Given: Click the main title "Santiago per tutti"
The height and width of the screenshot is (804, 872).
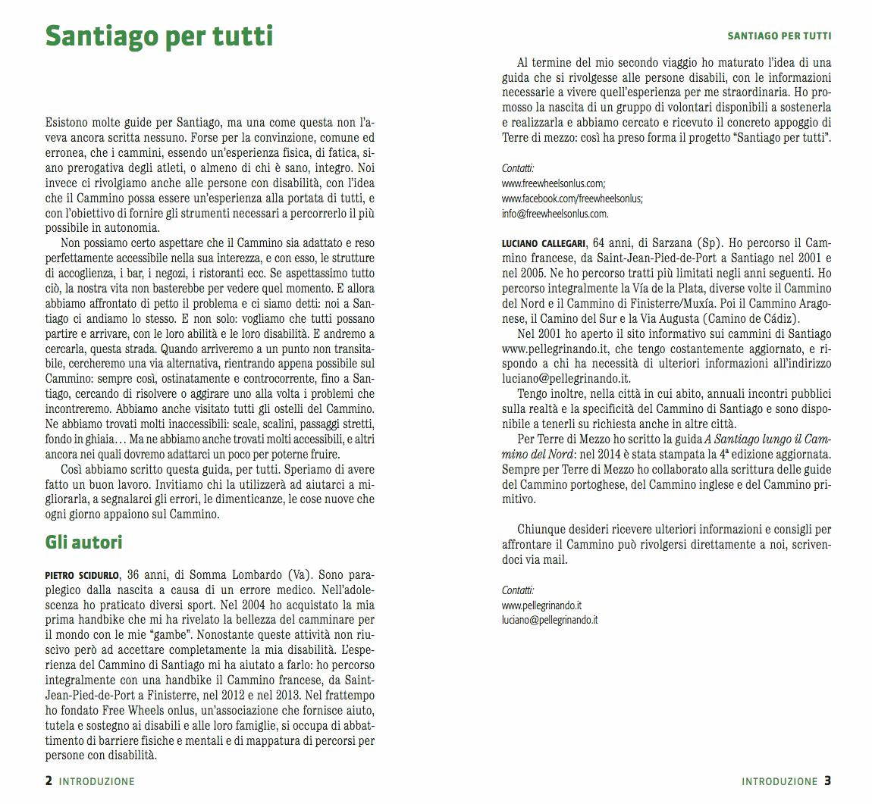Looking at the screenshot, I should click(158, 36).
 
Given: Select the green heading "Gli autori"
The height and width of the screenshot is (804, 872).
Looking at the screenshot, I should click(83, 543).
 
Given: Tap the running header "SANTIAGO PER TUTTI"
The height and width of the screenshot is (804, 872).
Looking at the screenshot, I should click(779, 36).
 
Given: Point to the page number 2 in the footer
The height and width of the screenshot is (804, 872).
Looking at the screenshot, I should click(49, 781).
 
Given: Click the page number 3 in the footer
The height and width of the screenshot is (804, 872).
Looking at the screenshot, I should click(827, 781).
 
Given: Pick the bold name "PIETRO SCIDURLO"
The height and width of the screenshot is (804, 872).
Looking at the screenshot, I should click(82, 575).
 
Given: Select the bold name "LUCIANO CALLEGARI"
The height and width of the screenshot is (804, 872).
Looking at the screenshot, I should click(544, 244).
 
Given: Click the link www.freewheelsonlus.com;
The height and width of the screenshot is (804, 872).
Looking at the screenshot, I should click(554, 183).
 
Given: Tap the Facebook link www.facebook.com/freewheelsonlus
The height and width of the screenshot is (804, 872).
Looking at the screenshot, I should click(572, 199).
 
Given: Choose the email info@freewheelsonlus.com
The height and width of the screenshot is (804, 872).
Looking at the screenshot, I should click(555, 214).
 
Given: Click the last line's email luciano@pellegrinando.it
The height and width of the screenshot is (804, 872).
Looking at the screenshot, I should click(550, 620).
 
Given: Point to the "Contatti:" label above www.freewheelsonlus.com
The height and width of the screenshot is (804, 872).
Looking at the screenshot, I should click(518, 168).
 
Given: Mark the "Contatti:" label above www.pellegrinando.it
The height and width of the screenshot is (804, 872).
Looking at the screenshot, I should click(518, 590).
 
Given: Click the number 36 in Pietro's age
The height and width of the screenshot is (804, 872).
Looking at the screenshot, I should click(133, 574).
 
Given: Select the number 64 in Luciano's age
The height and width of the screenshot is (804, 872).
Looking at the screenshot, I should click(600, 243).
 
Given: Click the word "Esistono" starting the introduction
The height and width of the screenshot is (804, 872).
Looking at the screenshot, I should click(66, 123).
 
